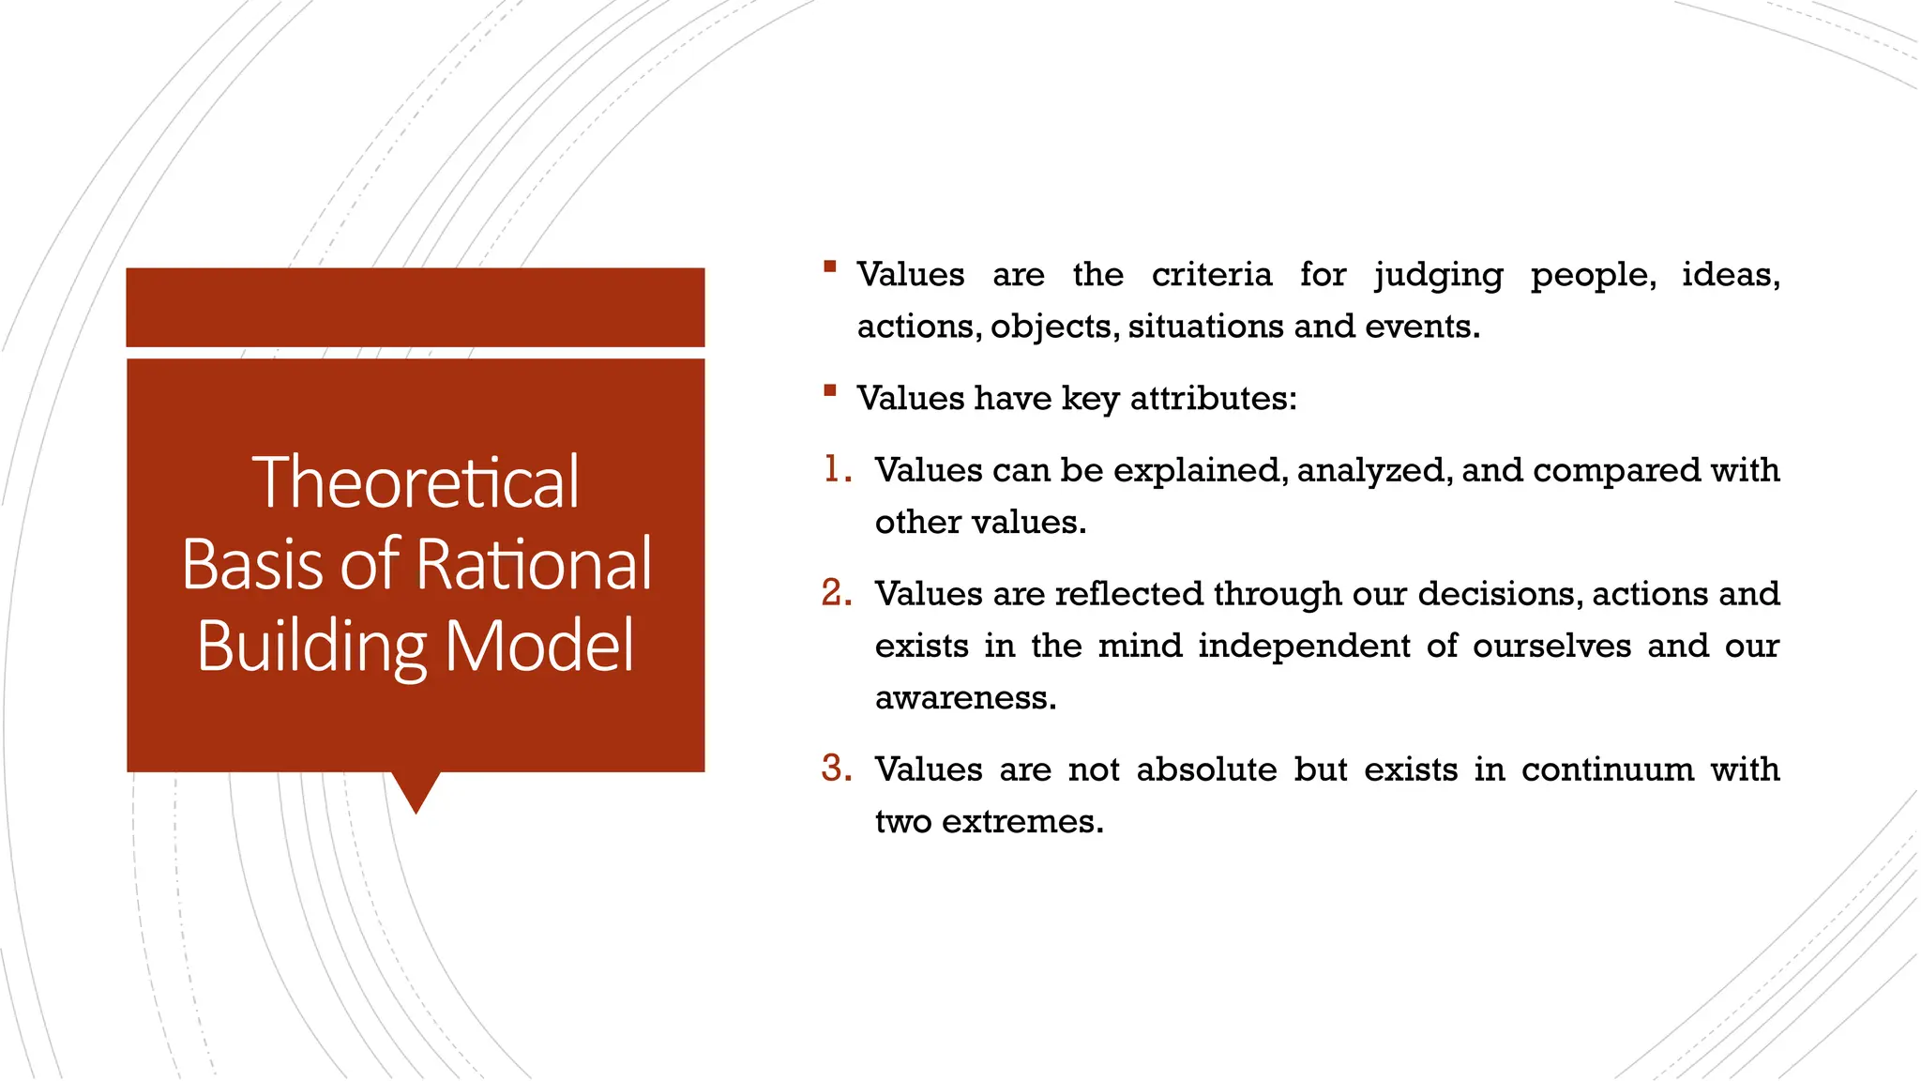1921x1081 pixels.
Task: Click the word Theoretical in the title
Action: [x=416, y=482]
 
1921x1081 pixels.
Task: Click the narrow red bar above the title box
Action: [x=416, y=307]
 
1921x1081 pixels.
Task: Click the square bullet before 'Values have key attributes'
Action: [x=829, y=390]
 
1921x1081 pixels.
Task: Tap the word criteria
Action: [x=1212, y=275]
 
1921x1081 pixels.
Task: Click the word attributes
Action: [x=1212, y=399]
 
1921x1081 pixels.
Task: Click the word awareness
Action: [x=965, y=698]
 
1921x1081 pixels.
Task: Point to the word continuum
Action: [x=1608, y=769]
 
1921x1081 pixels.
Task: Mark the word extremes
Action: [x=1021, y=822]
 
